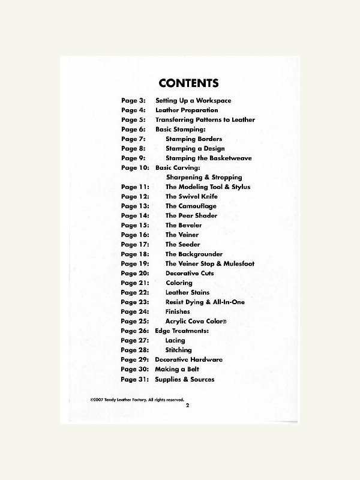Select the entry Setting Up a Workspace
tap(193, 101)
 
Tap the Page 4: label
tap(133, 110)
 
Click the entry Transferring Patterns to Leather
tap(205, 120)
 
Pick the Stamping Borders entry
tap(194, 139)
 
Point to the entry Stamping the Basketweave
tap(209, 158)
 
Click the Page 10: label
tap(135, 168)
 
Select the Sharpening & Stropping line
tap(204, 178)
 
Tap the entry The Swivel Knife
tap(191, 197)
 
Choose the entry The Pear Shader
tap(191, 216)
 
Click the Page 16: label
tap(135, 235)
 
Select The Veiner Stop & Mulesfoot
tap(210, 264)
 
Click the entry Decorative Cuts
tap(190, 274)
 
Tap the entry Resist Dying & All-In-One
tap(205, 302)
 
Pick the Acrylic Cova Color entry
tap(196, 322)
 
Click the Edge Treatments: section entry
tap(182, 331)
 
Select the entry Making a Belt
tap(177, 370)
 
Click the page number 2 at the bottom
tap(187, 406)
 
